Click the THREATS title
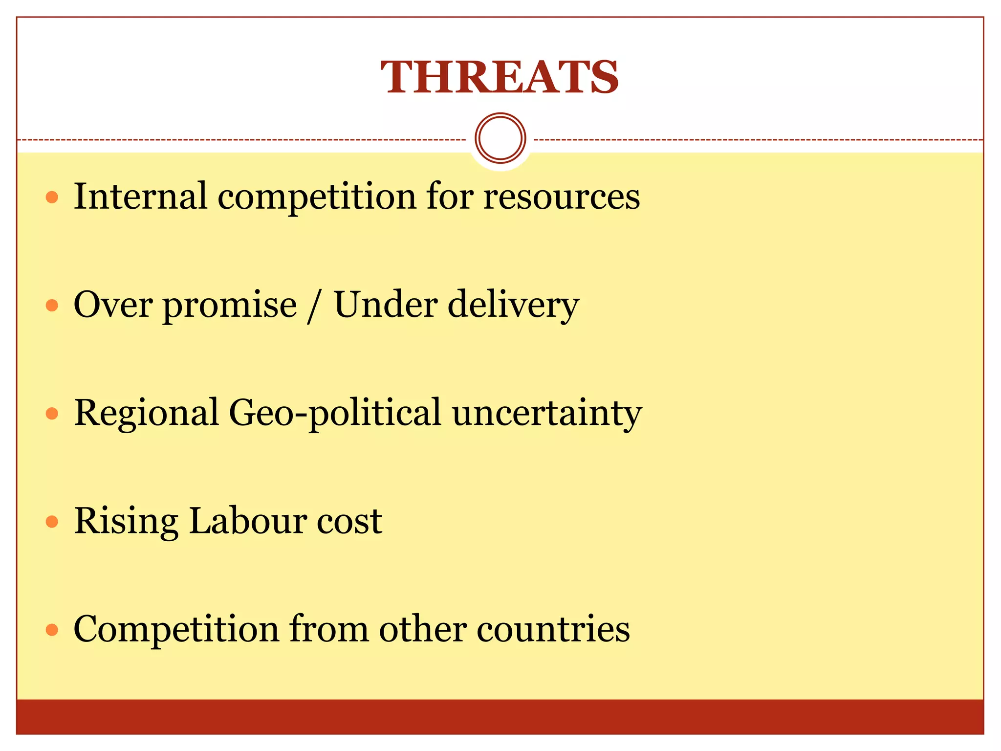[x=500, y=77]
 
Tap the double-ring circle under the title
[x=500, y=138]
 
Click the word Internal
[x=140, y=196]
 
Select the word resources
[x=562, y=197]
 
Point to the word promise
[x=230, y=305]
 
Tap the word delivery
[x=513, y=305]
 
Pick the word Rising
[x=126, y=522]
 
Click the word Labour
[x=247, y=521]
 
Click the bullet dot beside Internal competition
[x=52, y=198]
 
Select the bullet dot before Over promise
[x=52, y=306]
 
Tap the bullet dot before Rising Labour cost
[x=52, y=522]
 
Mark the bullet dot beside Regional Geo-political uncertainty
[x=52, y=414]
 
